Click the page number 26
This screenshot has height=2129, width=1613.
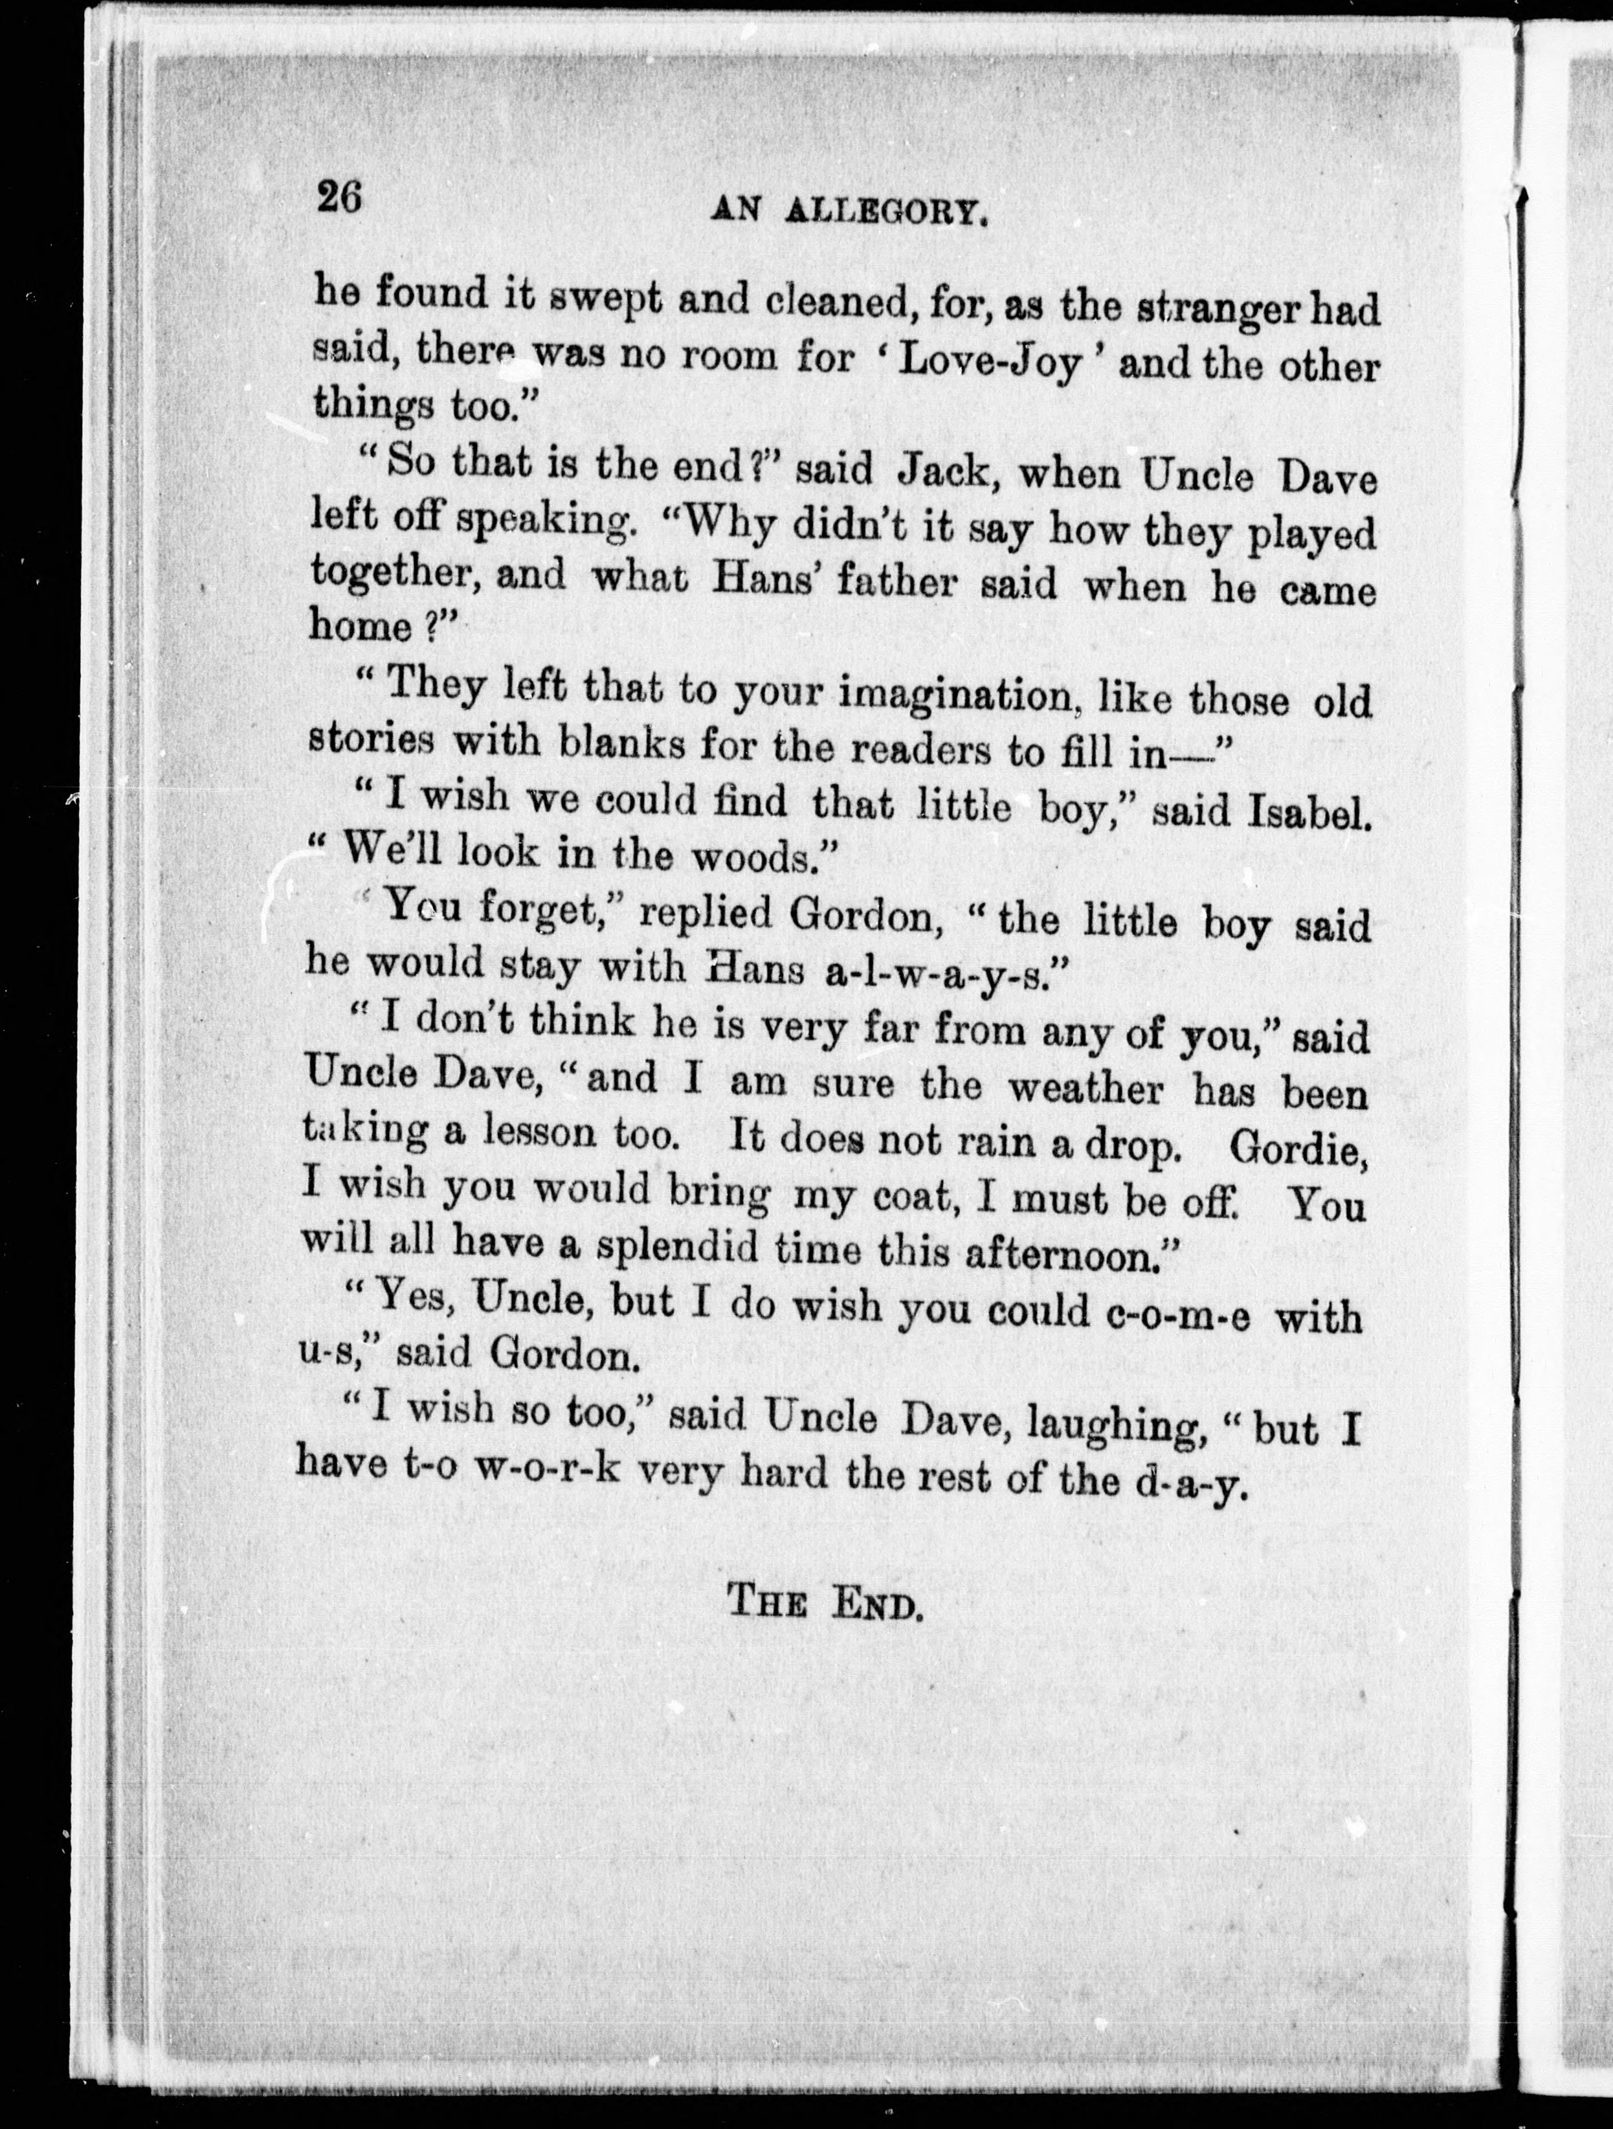338,197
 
